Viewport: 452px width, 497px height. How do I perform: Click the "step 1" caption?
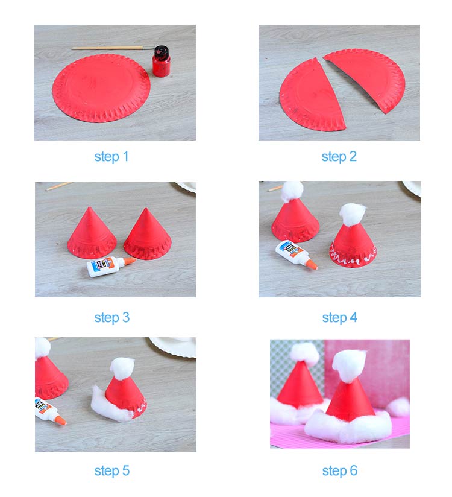coord(111,157)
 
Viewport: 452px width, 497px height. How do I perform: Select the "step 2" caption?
coord(339,157)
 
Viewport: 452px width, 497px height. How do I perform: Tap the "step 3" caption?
coord(111,317)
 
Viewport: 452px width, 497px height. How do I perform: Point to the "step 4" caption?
coord(339,317)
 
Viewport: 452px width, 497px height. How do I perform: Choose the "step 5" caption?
coord(111,470)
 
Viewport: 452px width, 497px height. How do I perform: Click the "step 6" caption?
coord(339,470)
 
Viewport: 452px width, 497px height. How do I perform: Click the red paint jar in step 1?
coord(161,62)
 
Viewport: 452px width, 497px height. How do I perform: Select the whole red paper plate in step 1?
coord(101,87)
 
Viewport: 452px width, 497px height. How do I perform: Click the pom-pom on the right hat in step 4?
coord(353,214)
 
